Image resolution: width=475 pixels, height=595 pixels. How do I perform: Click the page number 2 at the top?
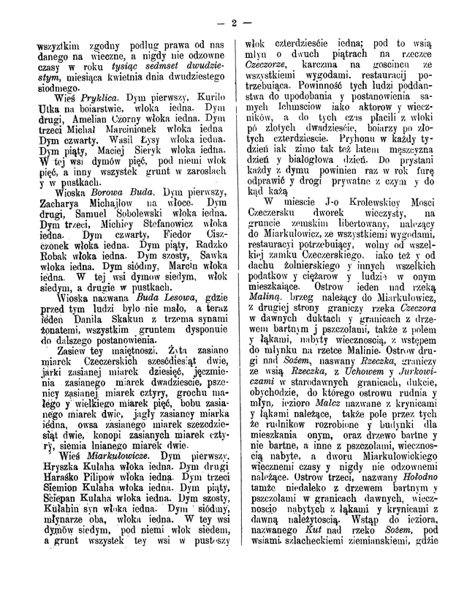click(235, 20)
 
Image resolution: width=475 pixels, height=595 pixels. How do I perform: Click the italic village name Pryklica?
click(81, 97)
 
